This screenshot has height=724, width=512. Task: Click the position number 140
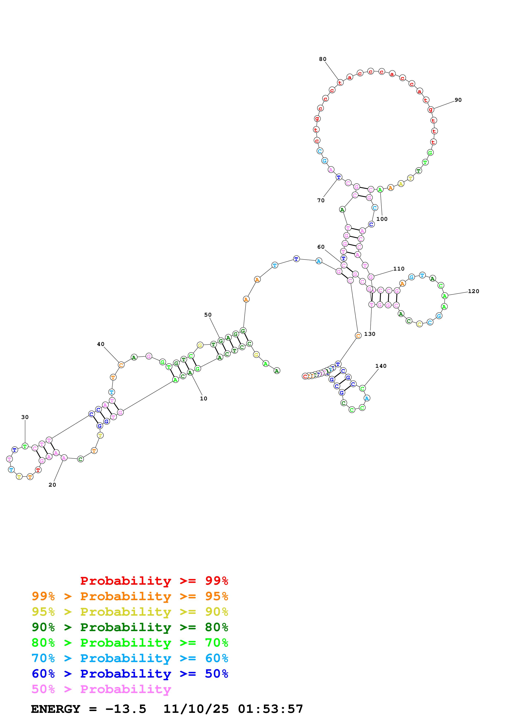(381, 366)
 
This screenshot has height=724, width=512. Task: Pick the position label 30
(25, 417)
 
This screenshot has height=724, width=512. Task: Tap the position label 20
(52, 485)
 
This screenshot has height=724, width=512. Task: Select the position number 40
(101, 344)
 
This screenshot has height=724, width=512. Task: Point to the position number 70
(321, 200)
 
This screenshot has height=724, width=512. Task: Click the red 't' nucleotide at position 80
(340, 83)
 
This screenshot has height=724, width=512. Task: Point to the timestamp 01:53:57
(270, 709)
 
